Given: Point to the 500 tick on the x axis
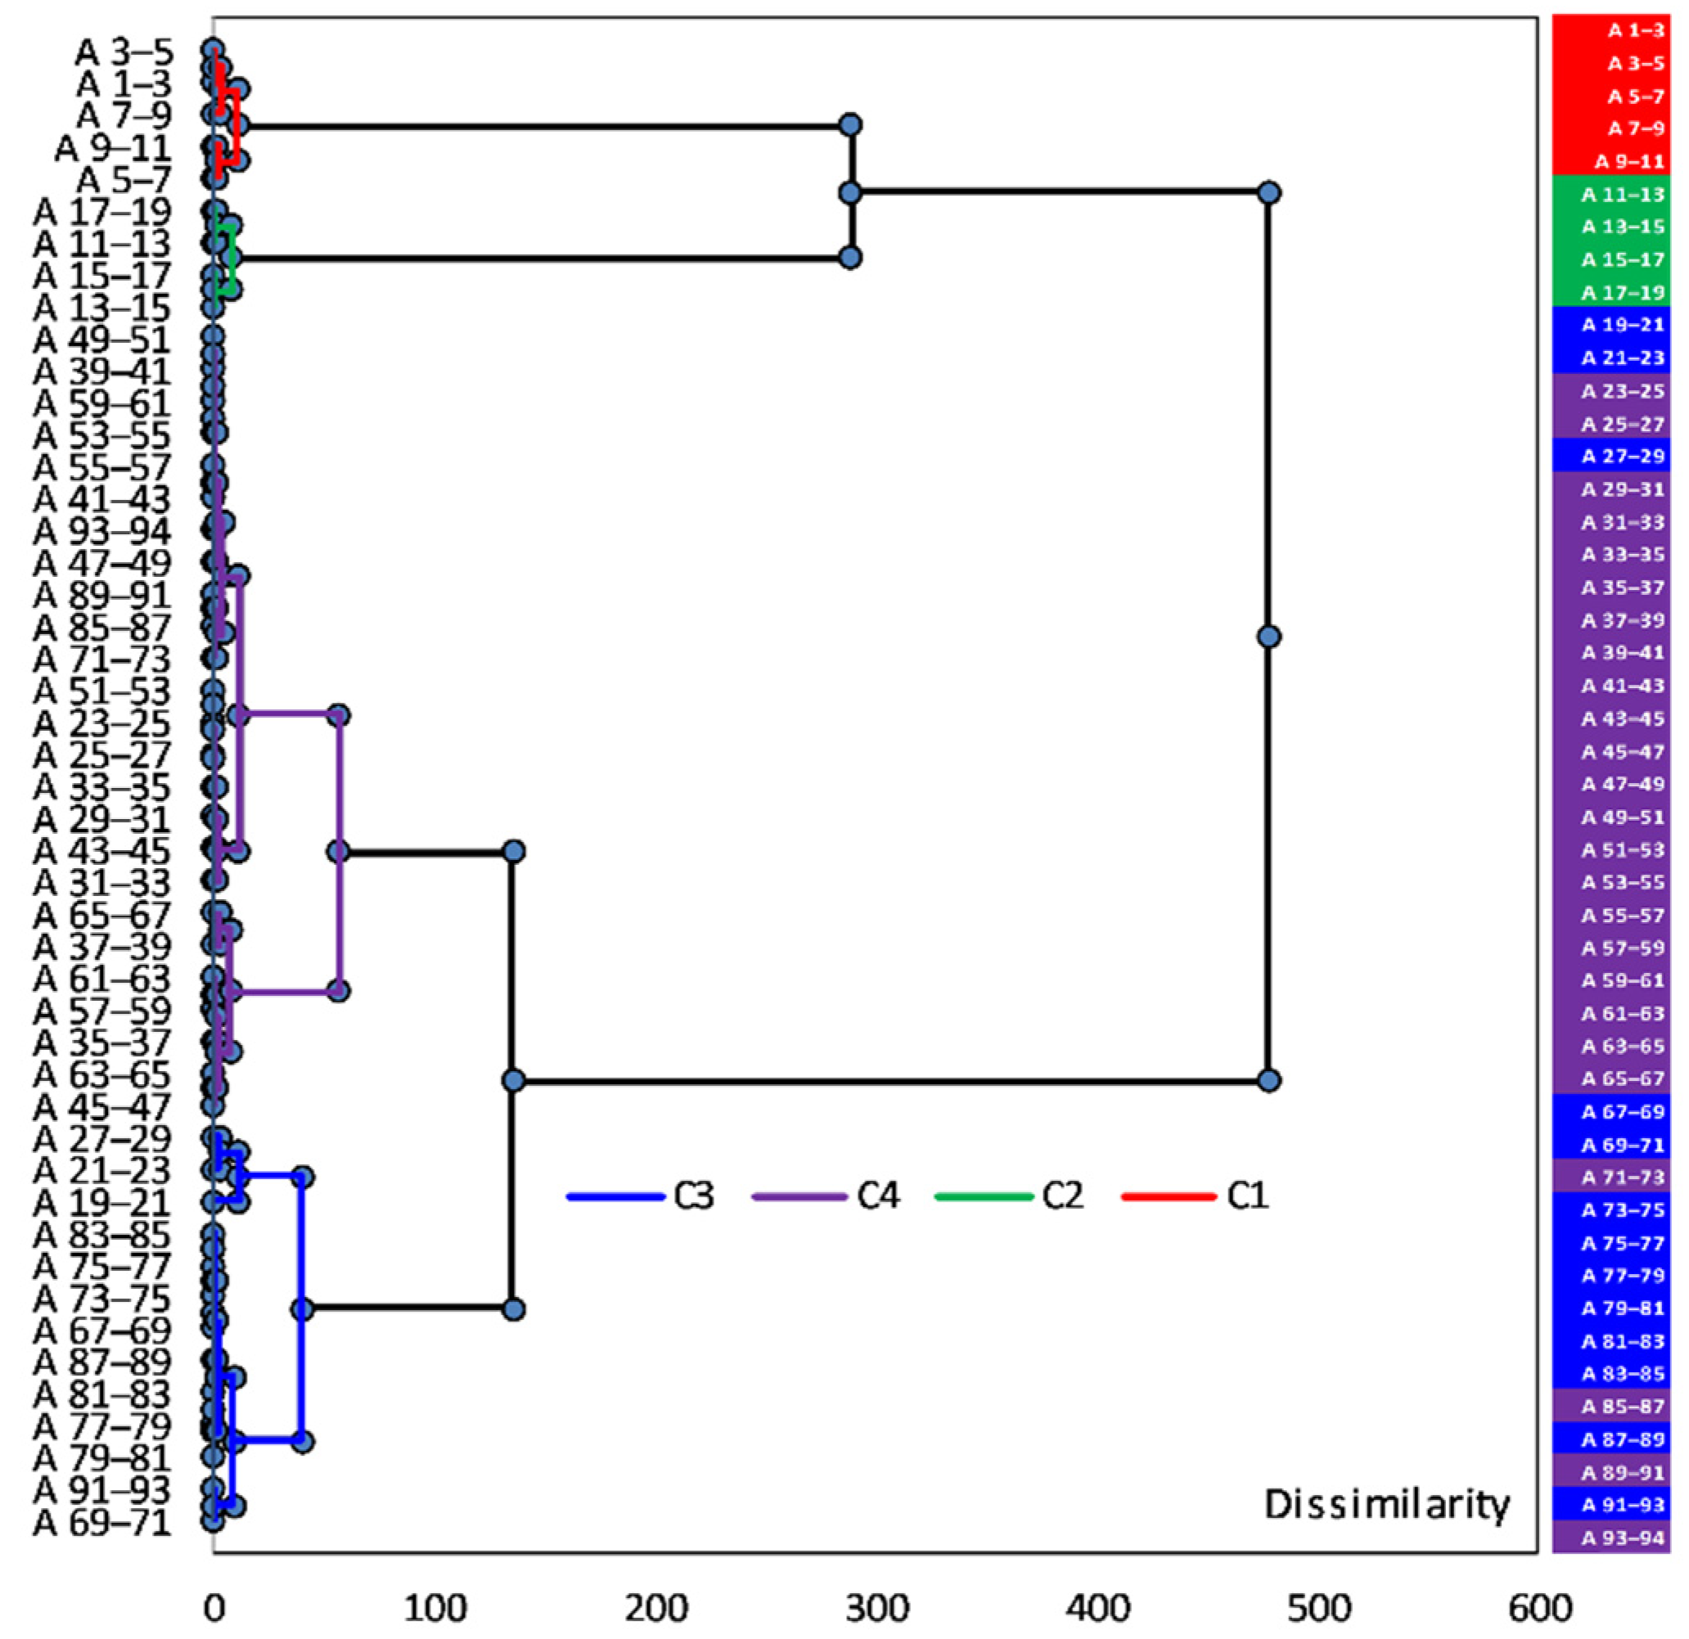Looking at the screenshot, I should click(1318, 1608).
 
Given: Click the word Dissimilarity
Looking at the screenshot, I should click(1386, 1505).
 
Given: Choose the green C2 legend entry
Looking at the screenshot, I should click(1009, 1196).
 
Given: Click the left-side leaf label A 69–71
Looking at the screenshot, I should click(102, 1523).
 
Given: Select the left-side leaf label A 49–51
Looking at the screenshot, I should click(102, 340).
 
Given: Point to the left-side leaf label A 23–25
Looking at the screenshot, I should click(102, 724).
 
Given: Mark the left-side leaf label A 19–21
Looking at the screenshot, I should click(102, 1203).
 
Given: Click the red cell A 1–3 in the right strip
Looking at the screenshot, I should click(1610, 30).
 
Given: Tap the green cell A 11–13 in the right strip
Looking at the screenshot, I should click(1610, 195).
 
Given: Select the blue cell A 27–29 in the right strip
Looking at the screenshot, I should click(1610, 456).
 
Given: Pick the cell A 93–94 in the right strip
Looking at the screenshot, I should click(1610, 1538).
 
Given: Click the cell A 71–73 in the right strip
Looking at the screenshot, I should click(1610, 1177).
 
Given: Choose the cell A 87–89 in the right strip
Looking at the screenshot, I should click(1610, 1439).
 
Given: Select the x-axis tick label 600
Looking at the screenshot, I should click(1539, 1608).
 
